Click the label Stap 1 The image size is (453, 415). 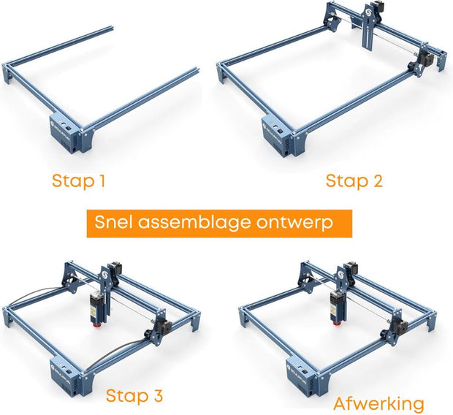click(x=77, y=180)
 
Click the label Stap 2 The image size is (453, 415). click(x=354, y=180)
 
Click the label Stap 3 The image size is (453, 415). click(x=134, y=396)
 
